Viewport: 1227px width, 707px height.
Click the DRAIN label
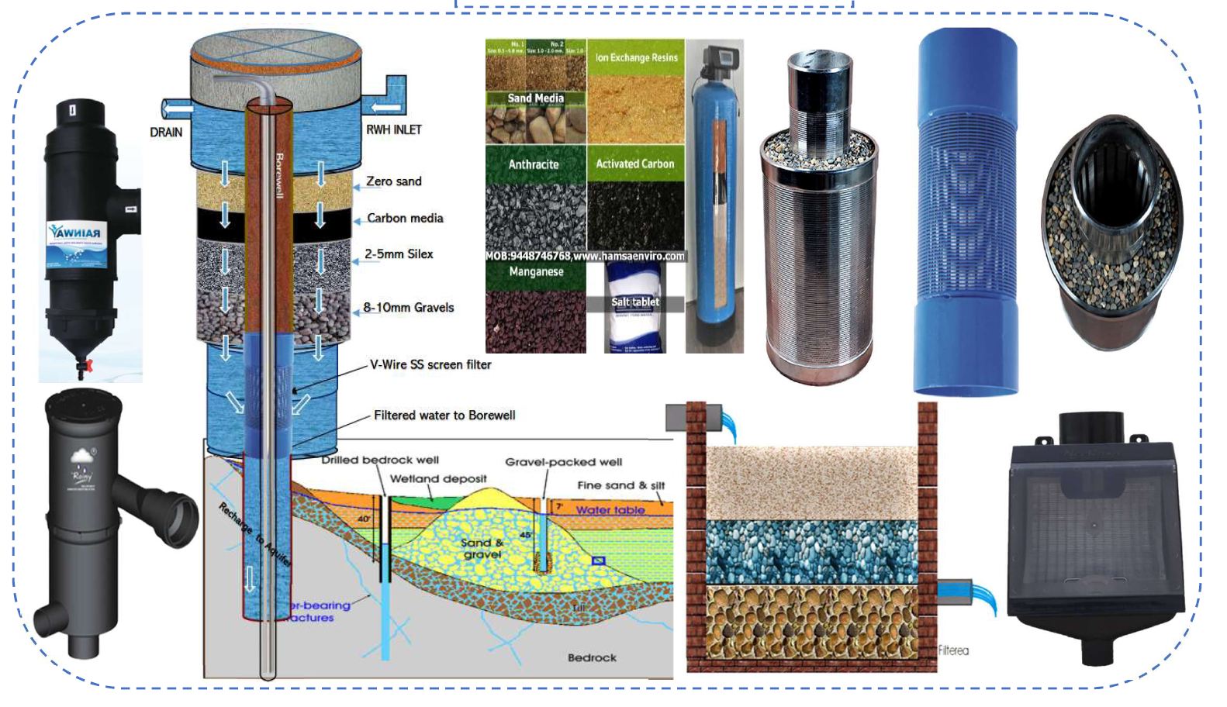click(166, 132)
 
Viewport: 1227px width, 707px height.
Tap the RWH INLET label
click(393, 129)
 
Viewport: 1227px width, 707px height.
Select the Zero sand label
click(393, 181)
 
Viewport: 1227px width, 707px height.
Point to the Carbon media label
click(405, 219)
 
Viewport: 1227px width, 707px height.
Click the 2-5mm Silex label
click(399, 254)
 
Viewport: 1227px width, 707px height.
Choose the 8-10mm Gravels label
click(409, 308)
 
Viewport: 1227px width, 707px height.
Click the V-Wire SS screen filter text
click(430, 364)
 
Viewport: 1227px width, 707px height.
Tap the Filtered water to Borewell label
click(444, 416)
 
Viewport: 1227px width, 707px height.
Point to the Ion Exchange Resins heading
click(636, 57)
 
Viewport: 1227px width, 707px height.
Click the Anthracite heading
click(534, 164)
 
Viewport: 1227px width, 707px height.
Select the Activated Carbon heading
click(634, 164)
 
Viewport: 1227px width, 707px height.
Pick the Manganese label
click(536, 272)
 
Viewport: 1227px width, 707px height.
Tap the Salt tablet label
click(635, 302)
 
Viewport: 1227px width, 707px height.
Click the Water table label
click(610, 510)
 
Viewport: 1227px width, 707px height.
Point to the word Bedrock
click(592, 658)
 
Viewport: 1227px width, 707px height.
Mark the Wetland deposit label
click(437, 479)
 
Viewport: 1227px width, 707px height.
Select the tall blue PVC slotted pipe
click(967, 209)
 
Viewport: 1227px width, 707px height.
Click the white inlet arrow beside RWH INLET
click(386, 105)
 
